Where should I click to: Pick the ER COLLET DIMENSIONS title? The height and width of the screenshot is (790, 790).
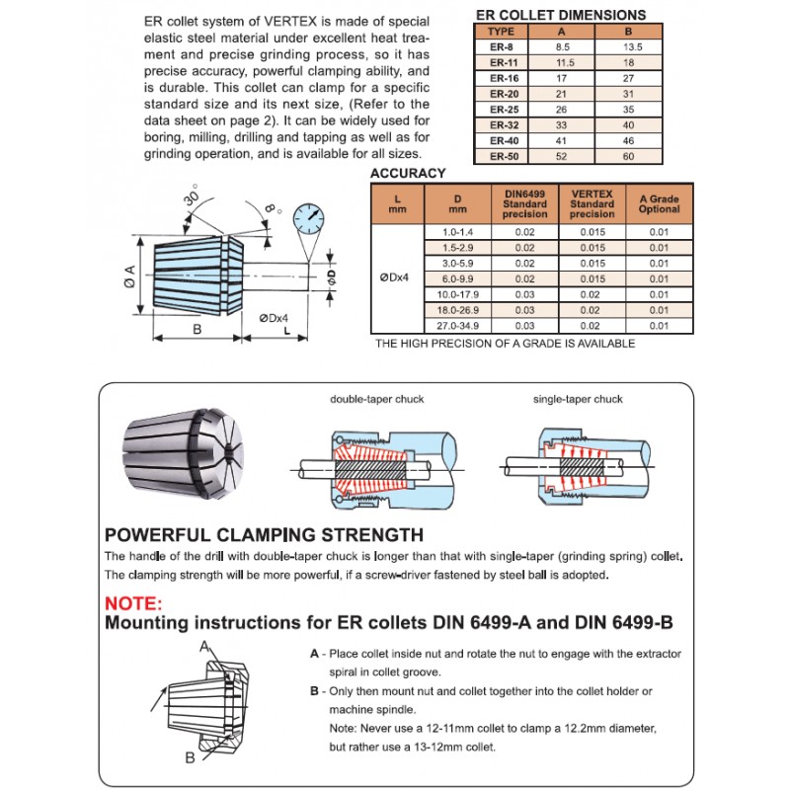point(561,15)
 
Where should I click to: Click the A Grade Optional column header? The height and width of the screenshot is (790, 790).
point(659,203)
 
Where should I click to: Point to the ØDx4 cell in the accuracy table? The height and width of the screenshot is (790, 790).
point(396,278)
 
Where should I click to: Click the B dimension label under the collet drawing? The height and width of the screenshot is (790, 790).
point(197,330)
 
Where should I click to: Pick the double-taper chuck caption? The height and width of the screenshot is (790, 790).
point(376,400)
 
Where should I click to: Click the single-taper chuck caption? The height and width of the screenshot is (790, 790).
point(579,400)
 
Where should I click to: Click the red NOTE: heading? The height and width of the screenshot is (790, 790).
point(134,603)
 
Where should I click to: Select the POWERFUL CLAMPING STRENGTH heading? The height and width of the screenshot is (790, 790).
point(264,535)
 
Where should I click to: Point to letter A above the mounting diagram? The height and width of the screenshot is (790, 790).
point(205,647)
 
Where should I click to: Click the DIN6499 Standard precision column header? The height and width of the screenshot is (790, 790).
point(524,203)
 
